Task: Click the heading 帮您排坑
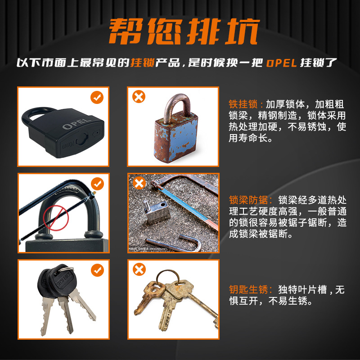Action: coord(180,32)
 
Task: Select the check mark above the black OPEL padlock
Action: coord(97,97)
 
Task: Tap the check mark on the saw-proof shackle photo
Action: coord(97,183)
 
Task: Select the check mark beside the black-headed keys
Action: coord(97,270)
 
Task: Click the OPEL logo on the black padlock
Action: coord(76,124)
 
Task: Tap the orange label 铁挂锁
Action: coord(243,104)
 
